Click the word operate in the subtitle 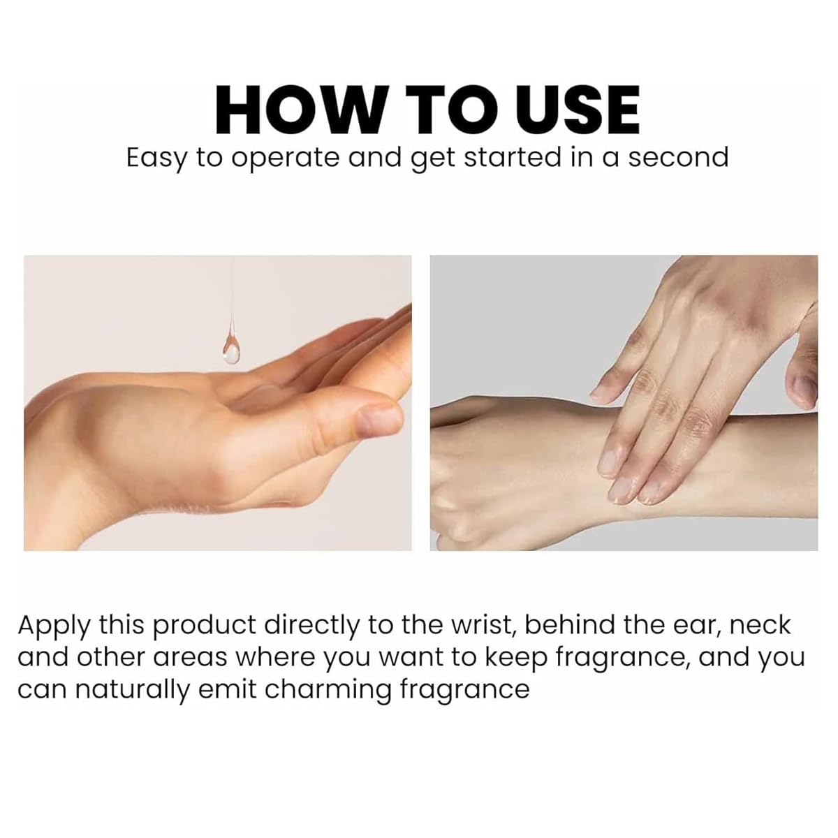point(285,159)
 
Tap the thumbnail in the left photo point(378,420)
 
